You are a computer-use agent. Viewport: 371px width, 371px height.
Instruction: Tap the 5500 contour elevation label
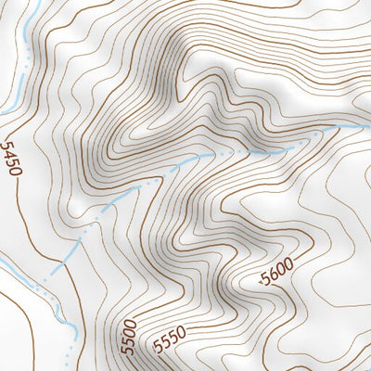coord(129,336)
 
